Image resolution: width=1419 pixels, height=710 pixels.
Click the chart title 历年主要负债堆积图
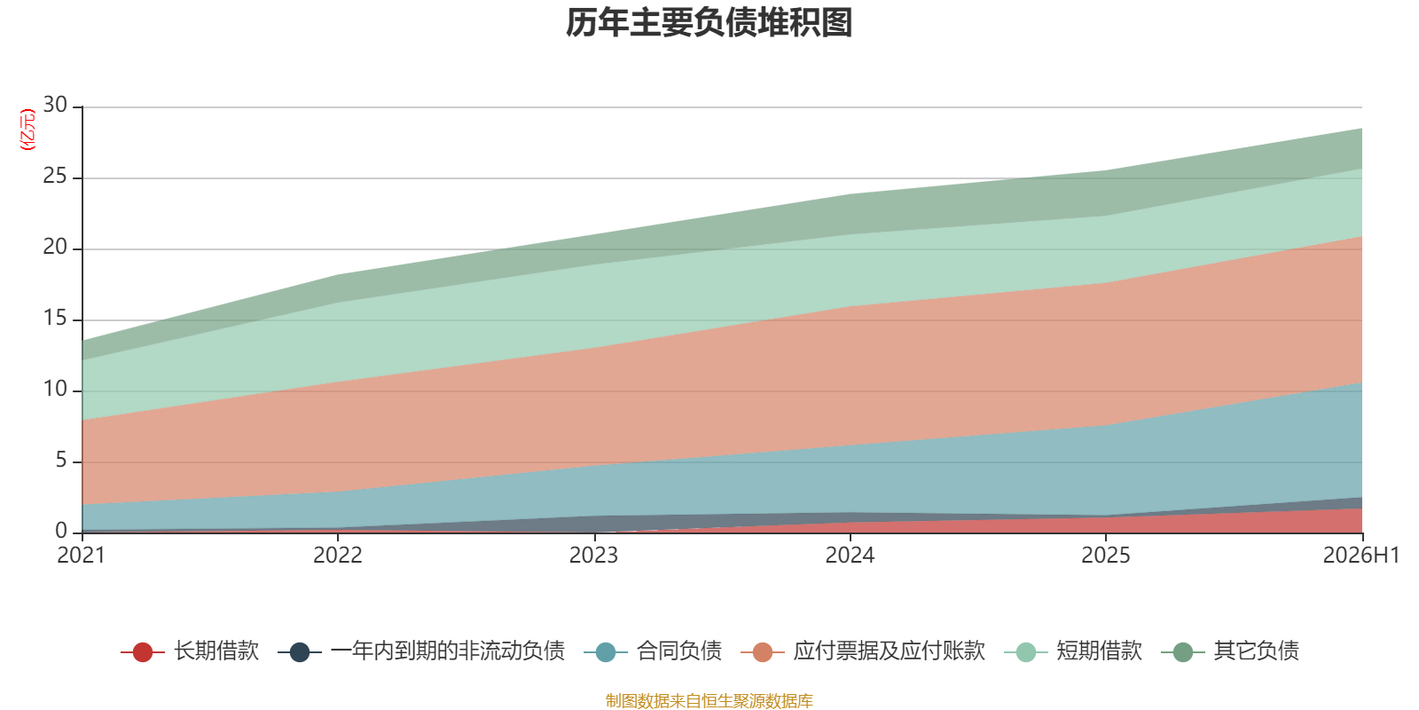click(x=709, y=23)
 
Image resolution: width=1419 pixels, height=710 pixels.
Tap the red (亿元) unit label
click(x=27, y=130)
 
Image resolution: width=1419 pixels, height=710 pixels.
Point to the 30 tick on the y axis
click(x=55, y=106)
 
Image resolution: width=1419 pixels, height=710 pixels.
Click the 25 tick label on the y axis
click(x=55, y=177)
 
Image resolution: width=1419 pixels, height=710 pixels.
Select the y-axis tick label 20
click(x=55, y=248)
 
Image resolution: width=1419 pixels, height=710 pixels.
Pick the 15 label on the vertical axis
click(x=55, y=319)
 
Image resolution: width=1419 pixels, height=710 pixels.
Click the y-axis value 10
click(x=55, y=390)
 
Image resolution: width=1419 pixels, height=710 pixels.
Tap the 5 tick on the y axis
click(x=61, y=461)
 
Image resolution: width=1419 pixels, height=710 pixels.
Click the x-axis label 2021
click(x=81, y=556)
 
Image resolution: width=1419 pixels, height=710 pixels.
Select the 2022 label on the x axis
click(x=338, y=556)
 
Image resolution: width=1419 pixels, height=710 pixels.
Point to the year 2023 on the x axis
click(x=593, y=556)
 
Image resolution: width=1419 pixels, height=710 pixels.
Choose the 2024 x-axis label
click(x=850, y=556)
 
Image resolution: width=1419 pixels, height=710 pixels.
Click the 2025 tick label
click(x=1105, y=556)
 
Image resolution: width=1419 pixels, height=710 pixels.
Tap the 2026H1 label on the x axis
click(x=1360, y=556)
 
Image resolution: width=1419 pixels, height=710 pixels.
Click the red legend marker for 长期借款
click(x=143, y=651)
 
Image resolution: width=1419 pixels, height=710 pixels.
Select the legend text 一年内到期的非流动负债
click(x=448, y=651)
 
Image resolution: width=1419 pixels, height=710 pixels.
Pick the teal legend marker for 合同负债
click(x=606, y=651)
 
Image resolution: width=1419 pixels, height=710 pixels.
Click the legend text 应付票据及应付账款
click(x=889, y=651)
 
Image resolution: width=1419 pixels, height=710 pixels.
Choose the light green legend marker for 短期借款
click(x=1025, y=651)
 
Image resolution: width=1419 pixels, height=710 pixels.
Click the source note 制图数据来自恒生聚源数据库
click(x=709, y=700)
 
